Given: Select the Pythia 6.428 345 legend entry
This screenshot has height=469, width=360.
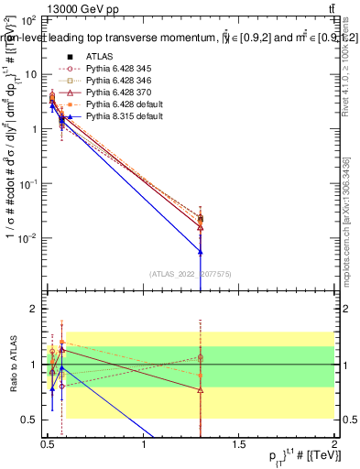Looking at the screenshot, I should [119, 69].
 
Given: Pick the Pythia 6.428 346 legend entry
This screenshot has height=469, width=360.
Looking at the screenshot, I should [119, 81].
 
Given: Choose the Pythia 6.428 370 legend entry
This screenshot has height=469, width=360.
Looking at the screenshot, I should [119, 93].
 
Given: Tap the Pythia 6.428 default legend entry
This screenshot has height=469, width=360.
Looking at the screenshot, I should [125, 104].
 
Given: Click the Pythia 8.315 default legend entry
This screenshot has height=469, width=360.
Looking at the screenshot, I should [125, 116].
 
